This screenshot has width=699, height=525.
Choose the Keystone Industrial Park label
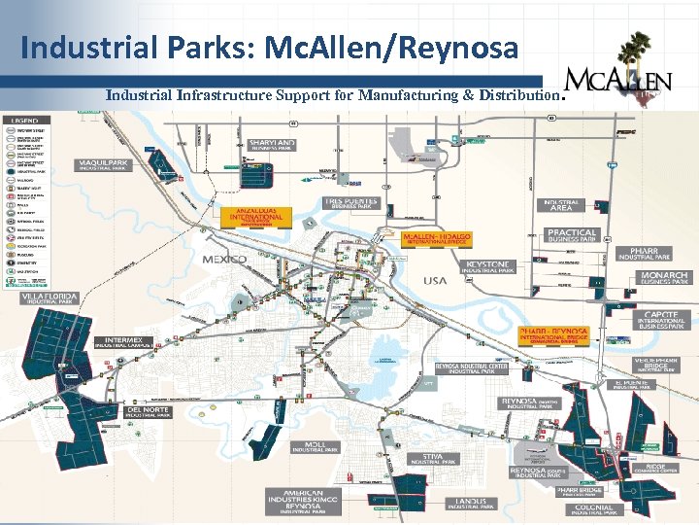coord(488,266)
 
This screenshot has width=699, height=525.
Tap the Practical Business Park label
coord(572,235)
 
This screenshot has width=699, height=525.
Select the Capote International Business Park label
coord(663,320)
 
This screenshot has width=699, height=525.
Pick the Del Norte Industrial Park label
coord(149,412)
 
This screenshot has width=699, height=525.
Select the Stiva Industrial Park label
coord(432,459)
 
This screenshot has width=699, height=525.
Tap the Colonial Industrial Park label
coord(593,508)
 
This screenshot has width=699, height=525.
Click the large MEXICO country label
coord(224,260)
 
